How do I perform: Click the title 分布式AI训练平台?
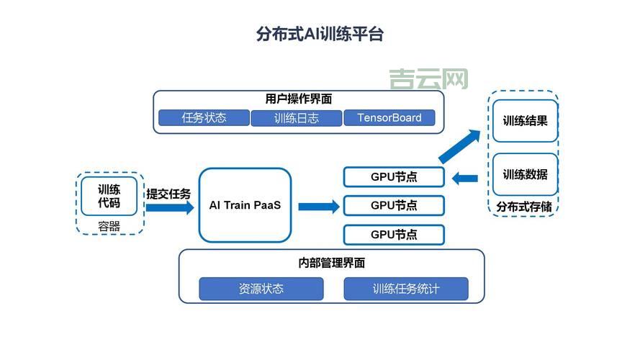(320, 34)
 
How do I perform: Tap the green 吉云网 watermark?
(428, 79)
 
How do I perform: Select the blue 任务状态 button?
(204, 118)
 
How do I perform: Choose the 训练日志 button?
(297, 118)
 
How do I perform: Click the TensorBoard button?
(389, 118)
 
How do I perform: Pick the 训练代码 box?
(109, 196)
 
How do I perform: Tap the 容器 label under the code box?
(109, 227)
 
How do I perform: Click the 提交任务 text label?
(169, 194)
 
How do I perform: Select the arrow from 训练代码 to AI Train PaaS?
(170, 208)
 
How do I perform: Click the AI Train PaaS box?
(245, 205)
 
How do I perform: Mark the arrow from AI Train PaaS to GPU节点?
(318, 207)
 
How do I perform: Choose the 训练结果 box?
(525, 121)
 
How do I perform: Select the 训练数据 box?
(525, 174)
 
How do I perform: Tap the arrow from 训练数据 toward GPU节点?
(464, 176)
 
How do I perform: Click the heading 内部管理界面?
(331, 264)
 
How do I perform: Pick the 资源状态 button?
(261, 289)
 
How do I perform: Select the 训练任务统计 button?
(406, 289)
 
